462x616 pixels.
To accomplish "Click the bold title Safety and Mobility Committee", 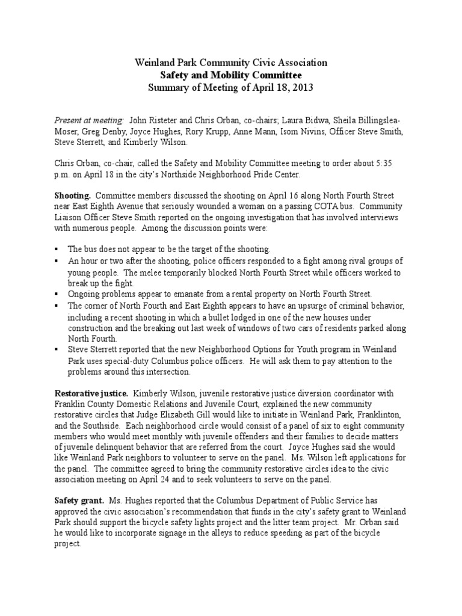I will (x=230, y=75).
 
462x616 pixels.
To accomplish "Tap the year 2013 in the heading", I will (x=302, y=88).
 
